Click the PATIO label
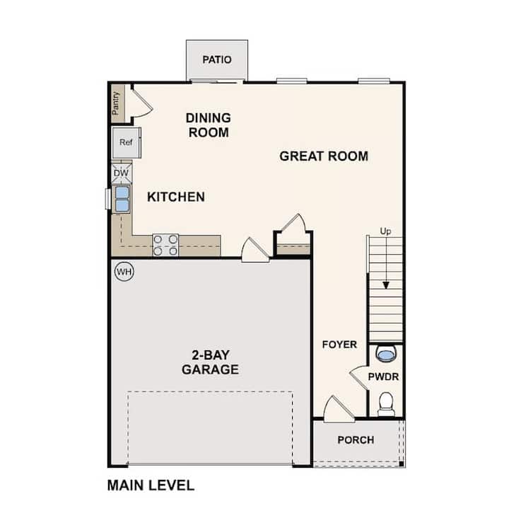pyautogui.click(x=217, y=59)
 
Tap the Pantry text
pyautogui.click(x=116, y=103)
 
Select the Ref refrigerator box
pyautogui.click(x=127, y=143)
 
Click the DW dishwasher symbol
pyautogui.click(x=122, y=173)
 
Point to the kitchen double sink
pyautogui.click(x=122, y=199)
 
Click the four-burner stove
pyautogui.click(x=165, y=245)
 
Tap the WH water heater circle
pyautogui.click(x=124, y=272)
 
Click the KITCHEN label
pyautogui.click(x=176, y=197)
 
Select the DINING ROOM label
pyautogui.click(x=209, y=125)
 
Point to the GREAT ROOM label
pyautogui.click(x=324, y=156)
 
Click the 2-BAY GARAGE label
pyautogui.click(x=210, y=362)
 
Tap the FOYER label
pyautogui.click(x=339, y=345)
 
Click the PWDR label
pyautogui.click(x=383, y=377)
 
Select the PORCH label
pyautogui.click(x=356, y=440)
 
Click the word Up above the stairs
pyautogui.click(x=385, y=231)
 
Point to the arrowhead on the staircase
pyautogui.click(x=386, y=285)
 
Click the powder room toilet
pyautogui.click(x=386, y=404)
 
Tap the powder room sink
pyautogui.click(x=386, y=355)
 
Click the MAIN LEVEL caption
pyautogui.click(x=151, y=486)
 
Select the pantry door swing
pyautogui.click(x=142, y=103)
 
